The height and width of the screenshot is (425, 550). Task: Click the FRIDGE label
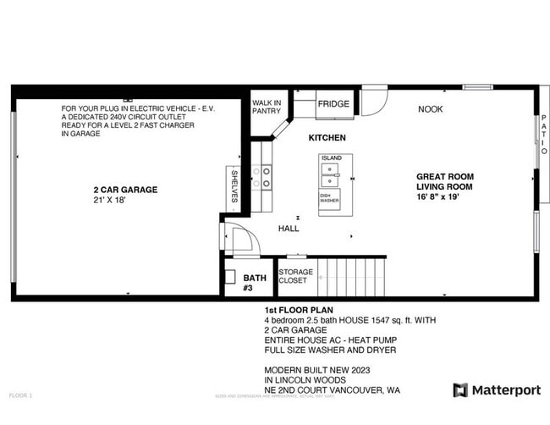(x=333, y=104)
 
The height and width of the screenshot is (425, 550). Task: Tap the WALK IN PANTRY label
(x=266, y=107)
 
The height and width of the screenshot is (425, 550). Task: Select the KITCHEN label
(x=327, y=137)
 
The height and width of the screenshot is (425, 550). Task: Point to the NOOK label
(x=430, y=109)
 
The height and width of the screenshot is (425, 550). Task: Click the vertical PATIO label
(x=543, y=136)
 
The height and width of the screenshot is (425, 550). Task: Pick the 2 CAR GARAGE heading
(x=125, y=190)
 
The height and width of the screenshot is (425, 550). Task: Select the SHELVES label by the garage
(x=234, y=185)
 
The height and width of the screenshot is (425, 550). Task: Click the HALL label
(x=289, y=229)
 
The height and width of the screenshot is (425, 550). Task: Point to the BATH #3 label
(x=255, y=282)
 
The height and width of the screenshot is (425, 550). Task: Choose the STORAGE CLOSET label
(x=295, y=276)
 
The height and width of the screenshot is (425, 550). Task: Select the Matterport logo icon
(x=460, y=390)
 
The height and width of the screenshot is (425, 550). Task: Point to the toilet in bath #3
(x=229, y=278)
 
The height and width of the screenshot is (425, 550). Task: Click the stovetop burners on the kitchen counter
(x=267, y=176)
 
